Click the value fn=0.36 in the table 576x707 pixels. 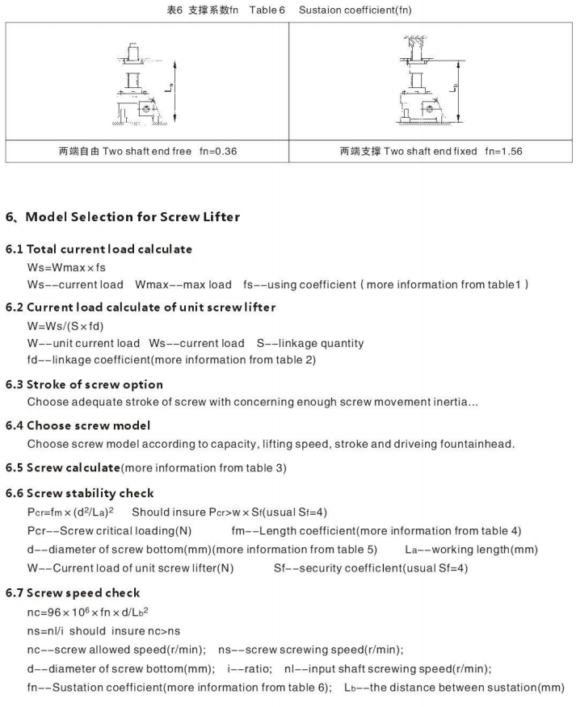[217, 151]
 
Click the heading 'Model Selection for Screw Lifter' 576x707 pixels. [132, 216]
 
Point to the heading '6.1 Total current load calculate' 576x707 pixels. [99, 249]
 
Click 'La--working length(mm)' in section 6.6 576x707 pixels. [471, 550]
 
